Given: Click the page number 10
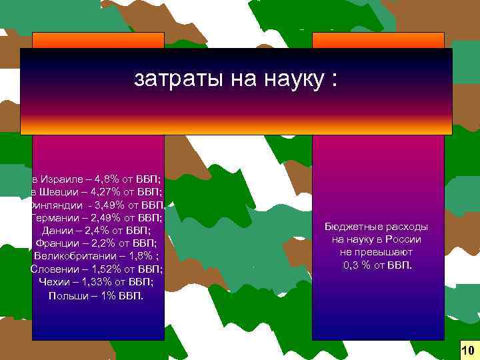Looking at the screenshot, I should (x=467, y=350).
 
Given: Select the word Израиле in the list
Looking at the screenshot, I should (x=63, y=180).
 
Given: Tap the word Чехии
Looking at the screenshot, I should (x=54, y=281).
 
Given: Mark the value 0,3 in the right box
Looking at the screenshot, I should (x=353, y=265).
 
